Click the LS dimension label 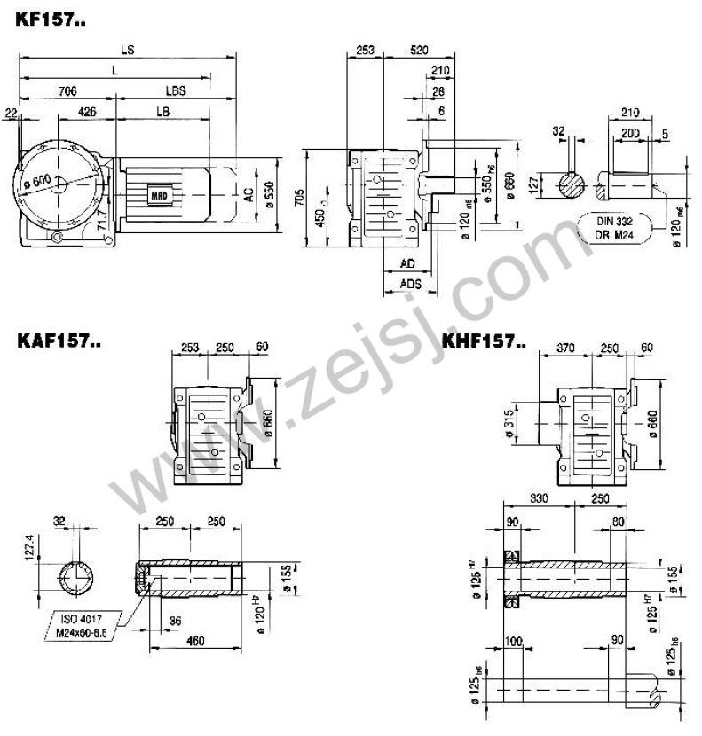click(x=129, y=50)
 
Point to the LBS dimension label click(x=176, y=91)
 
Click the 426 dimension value click(x=87, y=112)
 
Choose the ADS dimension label click(x=410, y=284)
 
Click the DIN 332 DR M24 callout click(x=616, y=226)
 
